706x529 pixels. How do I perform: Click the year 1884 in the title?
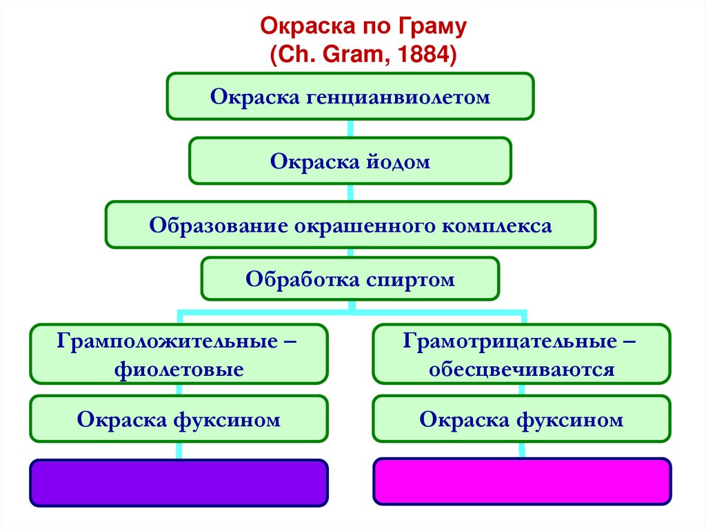tap(423, 54)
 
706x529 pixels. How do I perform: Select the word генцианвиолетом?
tap(396, 97)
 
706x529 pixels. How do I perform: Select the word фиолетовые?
tap(179, 369)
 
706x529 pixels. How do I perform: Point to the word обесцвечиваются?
tap(521, 369)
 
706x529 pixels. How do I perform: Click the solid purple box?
tap(179, 483)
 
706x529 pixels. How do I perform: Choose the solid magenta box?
tap(521, 481)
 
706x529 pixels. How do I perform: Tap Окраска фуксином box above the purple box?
tap(179, 419)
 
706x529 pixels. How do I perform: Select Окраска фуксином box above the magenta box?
tap(521, 419)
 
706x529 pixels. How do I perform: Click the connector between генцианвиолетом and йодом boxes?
tap(350, 128)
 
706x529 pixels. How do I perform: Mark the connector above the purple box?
tap(179, 450)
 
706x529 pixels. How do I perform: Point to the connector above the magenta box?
tap(521, 450)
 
